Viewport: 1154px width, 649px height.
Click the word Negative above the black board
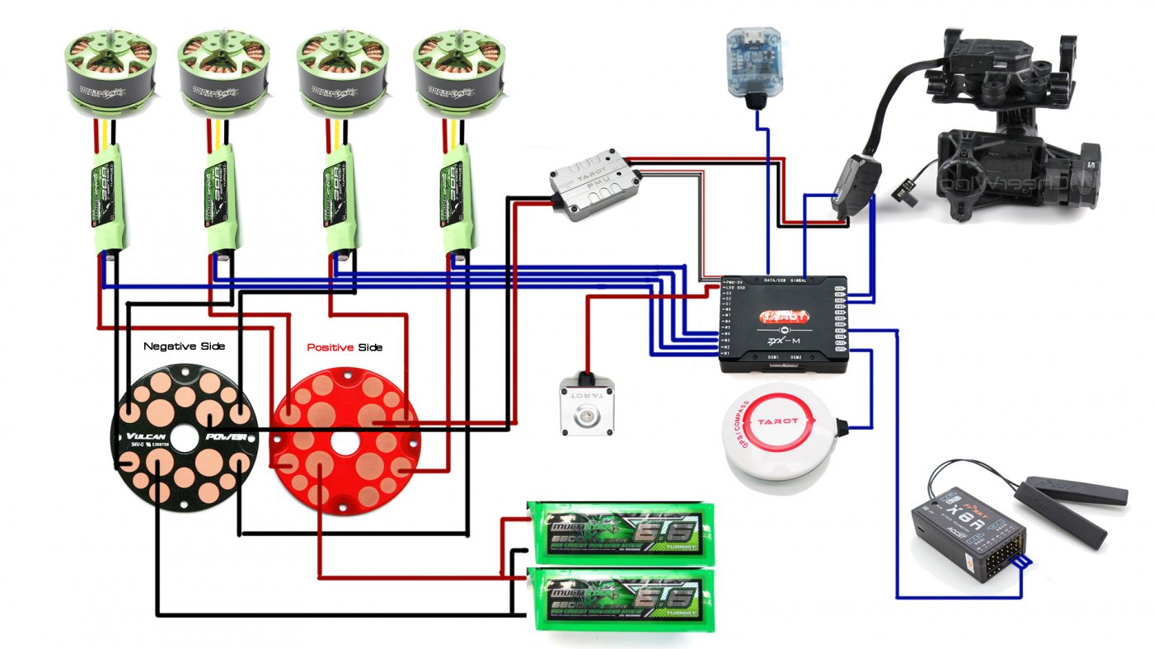(167, 346)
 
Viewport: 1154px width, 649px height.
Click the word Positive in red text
(330, 347)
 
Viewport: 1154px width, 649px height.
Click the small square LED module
(589, 407)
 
